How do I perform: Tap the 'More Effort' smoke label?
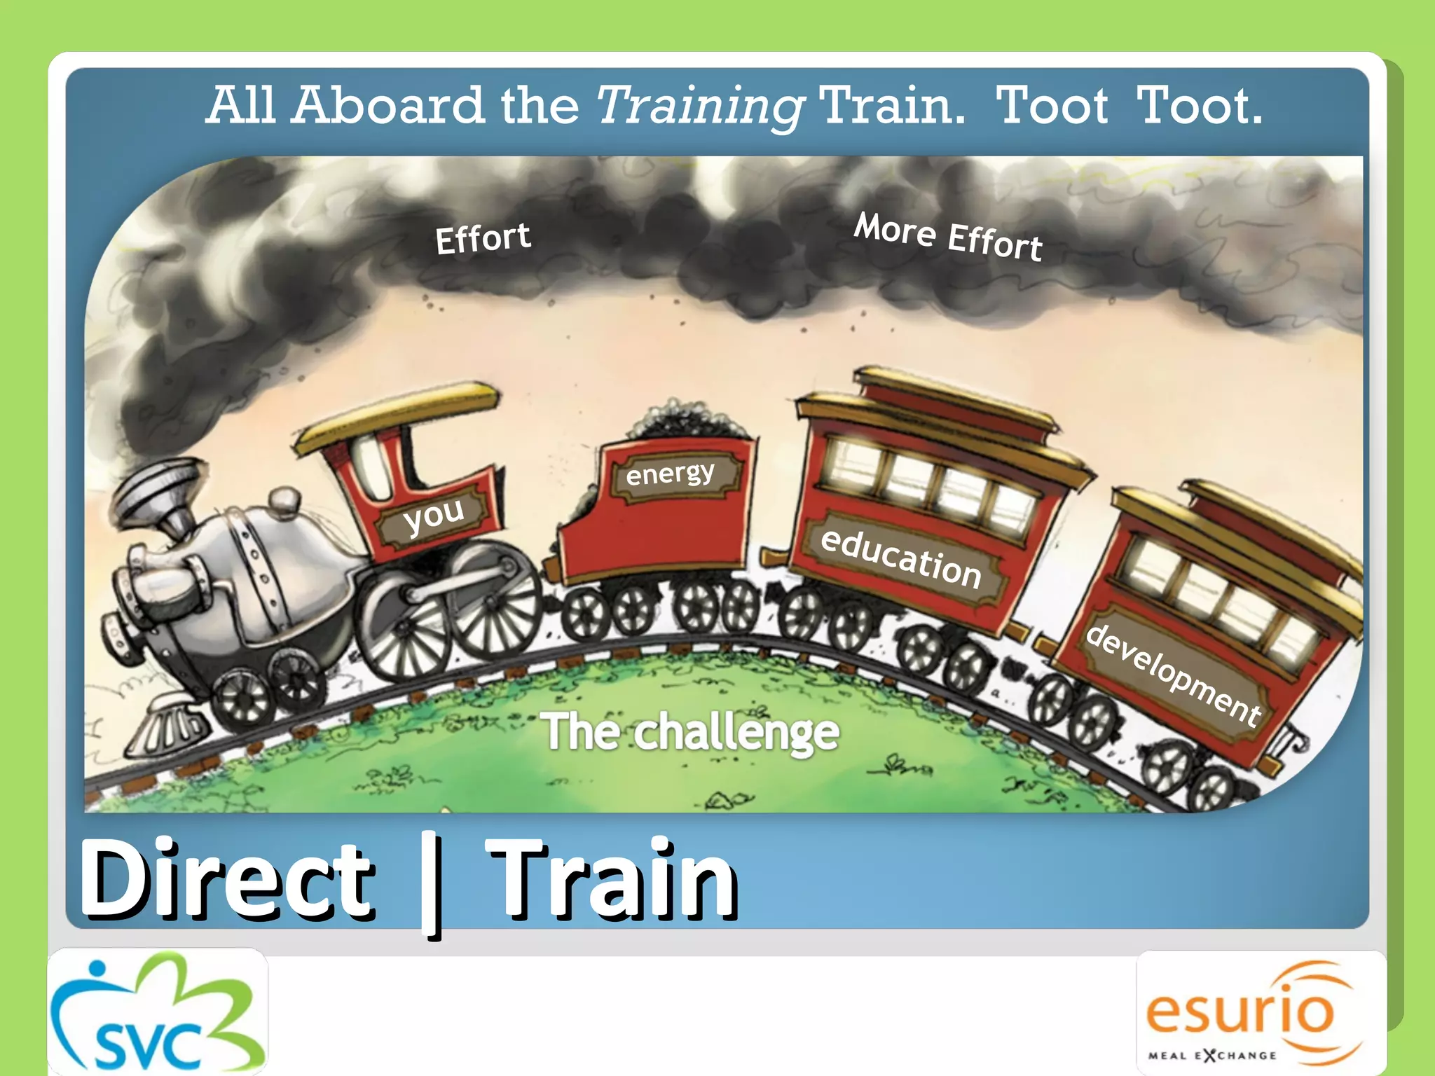948,237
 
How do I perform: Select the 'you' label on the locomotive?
434,517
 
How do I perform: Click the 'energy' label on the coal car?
671,474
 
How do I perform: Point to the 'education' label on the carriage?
901,559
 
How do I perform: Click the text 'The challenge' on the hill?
690,732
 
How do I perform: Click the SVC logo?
158,1012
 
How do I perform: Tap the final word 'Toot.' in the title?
1199,106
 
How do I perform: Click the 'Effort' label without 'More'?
483,238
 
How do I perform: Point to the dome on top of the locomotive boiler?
284,499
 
